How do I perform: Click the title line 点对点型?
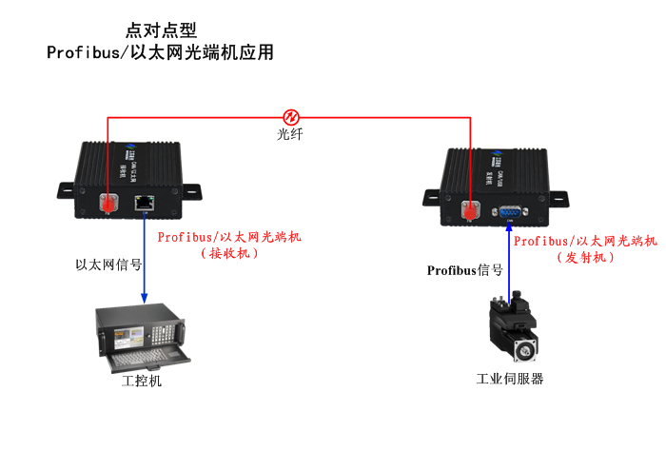coord(161,30)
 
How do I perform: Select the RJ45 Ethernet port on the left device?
coord(145,202)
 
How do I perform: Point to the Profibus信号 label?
coord(465,271)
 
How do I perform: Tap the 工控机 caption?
coord(143,382)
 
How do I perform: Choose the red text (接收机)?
coord(229,254)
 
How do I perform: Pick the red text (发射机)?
coord(585,258)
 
